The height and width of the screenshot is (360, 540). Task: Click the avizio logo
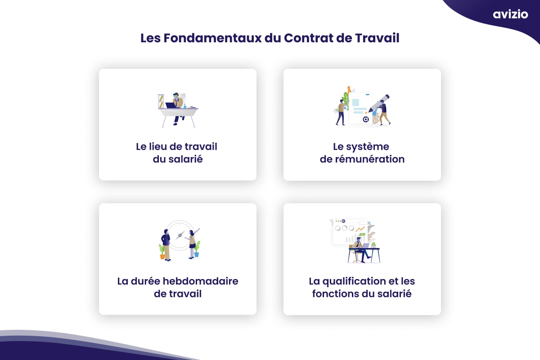(510, 14)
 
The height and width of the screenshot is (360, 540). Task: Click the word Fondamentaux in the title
(212, 38)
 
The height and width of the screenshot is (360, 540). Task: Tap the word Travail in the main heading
(377, 38)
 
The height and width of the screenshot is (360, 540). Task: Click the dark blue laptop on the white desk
(171, 105)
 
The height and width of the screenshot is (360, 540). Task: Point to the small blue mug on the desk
(184, 106)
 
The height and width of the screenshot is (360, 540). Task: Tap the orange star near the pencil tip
(366, 112)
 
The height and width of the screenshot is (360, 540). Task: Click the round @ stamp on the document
(366, 119)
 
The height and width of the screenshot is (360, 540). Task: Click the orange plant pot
(162, 256)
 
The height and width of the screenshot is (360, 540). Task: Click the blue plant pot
(197, 254)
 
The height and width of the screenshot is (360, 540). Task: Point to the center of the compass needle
(180, 235)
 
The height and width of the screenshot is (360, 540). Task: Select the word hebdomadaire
(200, 281)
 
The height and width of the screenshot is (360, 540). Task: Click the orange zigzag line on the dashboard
(360, 229)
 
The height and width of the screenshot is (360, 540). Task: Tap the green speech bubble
(362, 234)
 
